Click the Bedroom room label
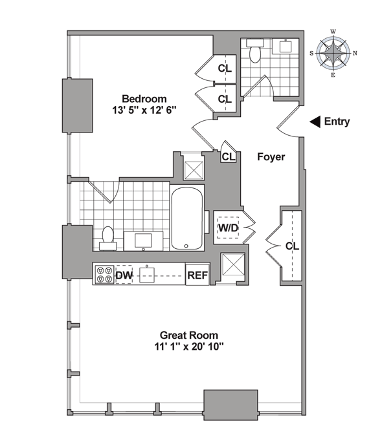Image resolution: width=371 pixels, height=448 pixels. (x=144, y=99)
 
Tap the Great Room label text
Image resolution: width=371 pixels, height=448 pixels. (x=189, y=335)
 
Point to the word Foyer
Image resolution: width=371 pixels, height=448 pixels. (x=271, y=157)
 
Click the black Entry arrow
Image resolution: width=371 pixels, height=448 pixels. (x=315, y=122)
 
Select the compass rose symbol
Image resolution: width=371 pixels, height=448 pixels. (x=333, y=53)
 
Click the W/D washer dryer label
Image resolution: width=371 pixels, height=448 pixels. (x=228, y=228)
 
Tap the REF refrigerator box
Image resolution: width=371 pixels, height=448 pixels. (x=197, y=274)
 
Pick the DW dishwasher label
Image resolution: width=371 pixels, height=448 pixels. (x=124, y=275)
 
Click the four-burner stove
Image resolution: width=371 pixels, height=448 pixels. (x=104, y=275)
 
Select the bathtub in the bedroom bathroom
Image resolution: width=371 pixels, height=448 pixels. (x=187, y=219)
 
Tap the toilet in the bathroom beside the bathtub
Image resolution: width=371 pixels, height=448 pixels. (x=108, y=239)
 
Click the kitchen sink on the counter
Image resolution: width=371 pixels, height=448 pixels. (x=147, y=275)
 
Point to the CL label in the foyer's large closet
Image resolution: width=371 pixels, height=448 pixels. (x=292, y=246)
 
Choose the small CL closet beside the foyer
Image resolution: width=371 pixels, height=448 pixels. (x=229, y=156)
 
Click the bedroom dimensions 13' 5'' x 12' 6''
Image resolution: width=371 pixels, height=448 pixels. (x=144, y=111)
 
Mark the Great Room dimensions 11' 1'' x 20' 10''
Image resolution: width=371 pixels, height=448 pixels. (x=189, y=347)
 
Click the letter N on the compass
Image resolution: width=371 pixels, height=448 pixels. (x=355, y=53)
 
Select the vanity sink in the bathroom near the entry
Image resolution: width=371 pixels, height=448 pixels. (x=286, y=46)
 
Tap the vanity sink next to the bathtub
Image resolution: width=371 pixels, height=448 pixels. (x=144, y=240)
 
